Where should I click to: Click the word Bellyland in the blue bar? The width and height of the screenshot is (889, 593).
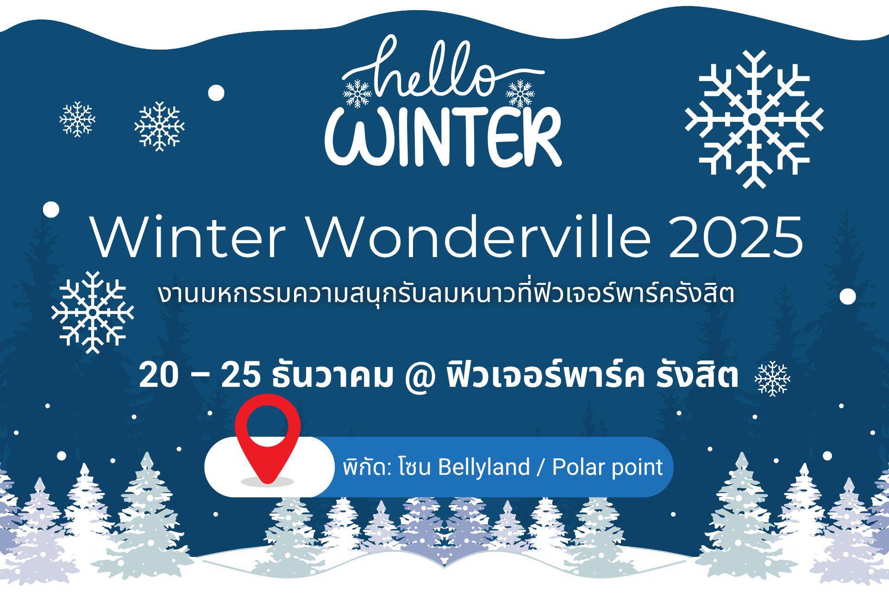(483, 467)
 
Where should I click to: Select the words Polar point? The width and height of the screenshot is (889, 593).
(607, 467)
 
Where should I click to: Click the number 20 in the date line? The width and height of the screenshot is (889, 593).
(158, 376)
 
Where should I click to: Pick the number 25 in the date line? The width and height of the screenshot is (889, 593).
(240, 376)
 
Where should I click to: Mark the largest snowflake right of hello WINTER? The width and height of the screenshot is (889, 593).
(754, 120)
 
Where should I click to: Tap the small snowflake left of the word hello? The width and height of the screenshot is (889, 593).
(357, 94)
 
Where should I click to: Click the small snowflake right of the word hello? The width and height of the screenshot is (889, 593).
(520, 93)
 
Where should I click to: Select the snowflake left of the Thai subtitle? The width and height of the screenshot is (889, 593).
(93, 312)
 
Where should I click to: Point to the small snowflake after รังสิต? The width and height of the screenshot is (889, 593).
(772, 379)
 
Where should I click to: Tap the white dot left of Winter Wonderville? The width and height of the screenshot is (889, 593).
(51, 209)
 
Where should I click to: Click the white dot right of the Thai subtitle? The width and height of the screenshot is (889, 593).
(848, 296)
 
